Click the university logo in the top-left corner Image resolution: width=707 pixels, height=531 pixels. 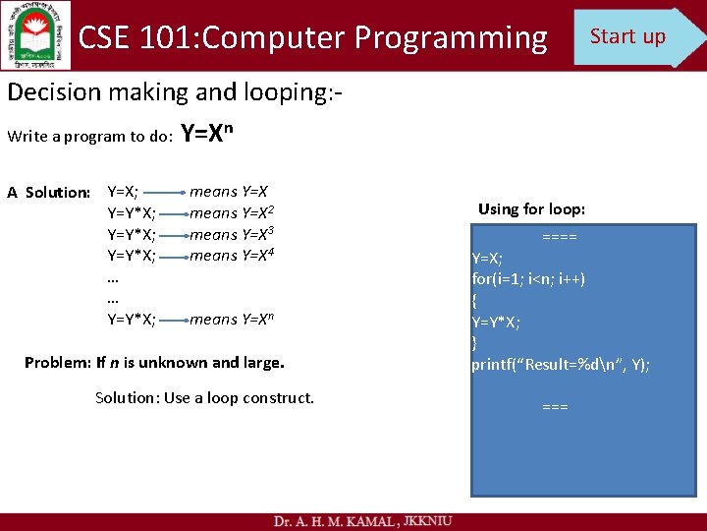click(35, 34)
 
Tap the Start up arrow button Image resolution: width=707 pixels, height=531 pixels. click(633, 36)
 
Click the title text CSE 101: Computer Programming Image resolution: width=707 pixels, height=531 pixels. click(312, 37)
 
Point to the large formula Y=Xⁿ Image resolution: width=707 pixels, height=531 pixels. click(215, 134)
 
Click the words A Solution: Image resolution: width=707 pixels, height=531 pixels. click(48, 193)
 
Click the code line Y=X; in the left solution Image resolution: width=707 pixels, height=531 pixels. click(122, 192)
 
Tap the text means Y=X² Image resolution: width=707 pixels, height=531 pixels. click(232, 212)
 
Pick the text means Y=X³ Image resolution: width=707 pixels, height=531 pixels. click(232, 234)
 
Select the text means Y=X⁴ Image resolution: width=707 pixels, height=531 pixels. click(232, 256)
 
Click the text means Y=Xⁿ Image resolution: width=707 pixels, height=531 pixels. click(232, 319)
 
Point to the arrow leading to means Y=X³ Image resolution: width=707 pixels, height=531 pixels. click(172, 235)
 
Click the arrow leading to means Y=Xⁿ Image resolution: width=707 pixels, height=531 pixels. click(172, 320)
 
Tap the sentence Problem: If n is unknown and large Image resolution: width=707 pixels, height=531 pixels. click(154, 362)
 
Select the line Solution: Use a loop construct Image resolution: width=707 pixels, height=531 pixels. click(204, 397)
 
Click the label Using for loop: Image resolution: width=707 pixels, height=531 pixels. click(531, 208)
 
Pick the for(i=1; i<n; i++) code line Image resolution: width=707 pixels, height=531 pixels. click(528, 279)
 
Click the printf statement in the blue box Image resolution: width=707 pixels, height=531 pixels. click(560, 365)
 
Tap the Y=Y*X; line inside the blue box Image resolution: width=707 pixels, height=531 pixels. click(496, 322)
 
